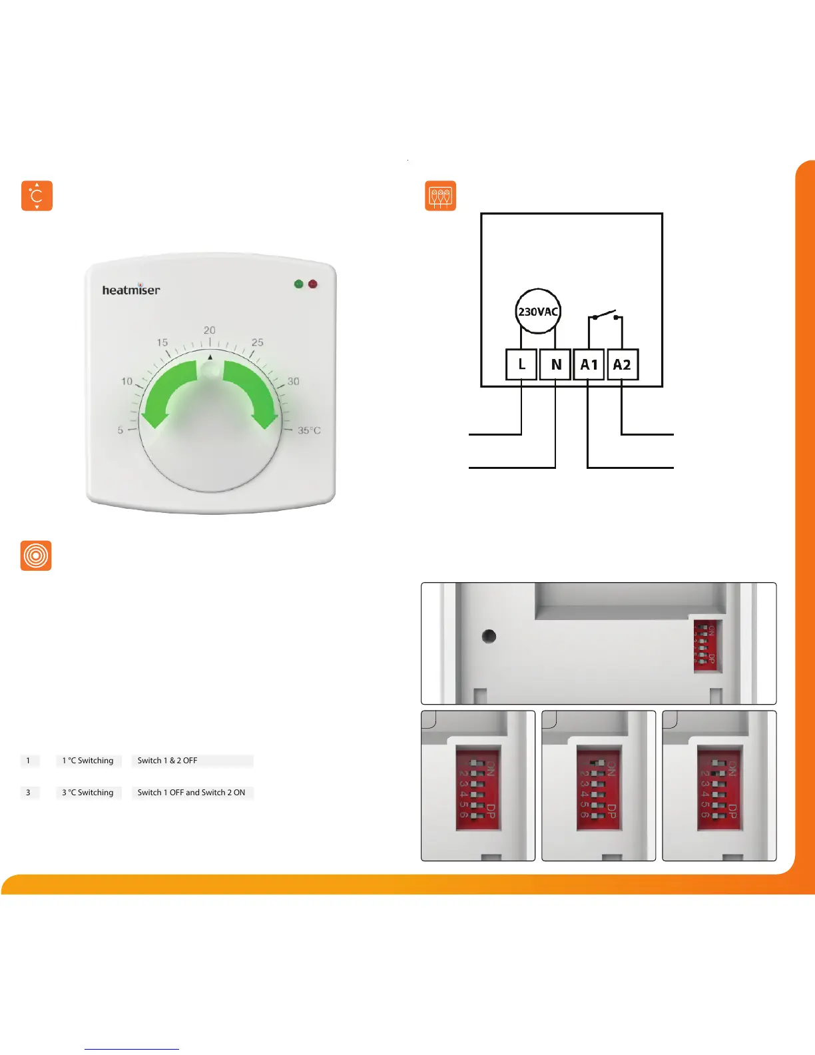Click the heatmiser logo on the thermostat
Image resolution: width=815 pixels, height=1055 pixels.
click(x=131, y=290)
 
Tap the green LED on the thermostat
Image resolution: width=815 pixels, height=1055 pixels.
click(x=298, y=284)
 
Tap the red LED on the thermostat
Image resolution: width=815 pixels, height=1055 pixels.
click(x=313, y=284)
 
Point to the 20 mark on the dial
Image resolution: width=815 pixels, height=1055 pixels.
click(x=210, y=330)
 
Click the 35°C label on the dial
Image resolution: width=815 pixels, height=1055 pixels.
click(x=309, y=430)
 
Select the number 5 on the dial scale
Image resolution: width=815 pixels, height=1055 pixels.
click(x=121, y=430)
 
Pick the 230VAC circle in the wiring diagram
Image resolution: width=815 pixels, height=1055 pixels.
click(x=538, y=311)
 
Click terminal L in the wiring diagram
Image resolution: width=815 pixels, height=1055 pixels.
click(x=521, y=364)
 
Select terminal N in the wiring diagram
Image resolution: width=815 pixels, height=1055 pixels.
click(x=555, y=364)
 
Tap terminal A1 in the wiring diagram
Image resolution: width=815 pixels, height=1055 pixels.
click(x=589, y=364)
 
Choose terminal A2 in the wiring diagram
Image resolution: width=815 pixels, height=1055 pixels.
click(x=622, y=364)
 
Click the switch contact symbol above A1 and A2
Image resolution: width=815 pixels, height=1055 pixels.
click(x=605, y=316)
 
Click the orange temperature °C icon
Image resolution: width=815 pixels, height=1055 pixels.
click(x=37, y=196)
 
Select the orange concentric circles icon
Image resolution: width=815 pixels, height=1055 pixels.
click(x=36, y=555)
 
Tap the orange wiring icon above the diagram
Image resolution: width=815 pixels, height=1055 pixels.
click(x=441, y=196)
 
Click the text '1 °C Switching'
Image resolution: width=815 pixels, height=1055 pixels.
click(x=88, y=761)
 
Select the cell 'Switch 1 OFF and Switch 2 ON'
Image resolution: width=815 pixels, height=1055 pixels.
click(x=192, y=793)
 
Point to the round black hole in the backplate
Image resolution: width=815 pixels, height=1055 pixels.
click(x=489, y=636)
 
